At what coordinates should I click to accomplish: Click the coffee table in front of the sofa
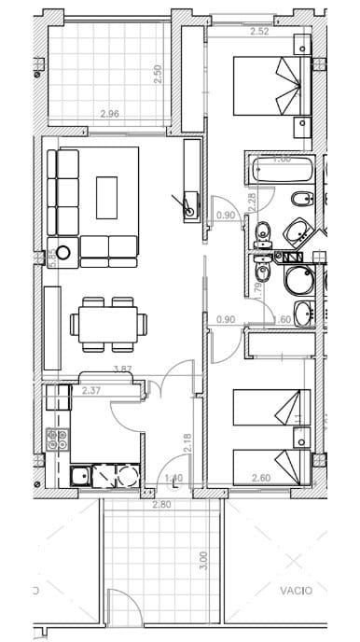point(107,197)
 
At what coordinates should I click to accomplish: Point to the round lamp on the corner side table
point(64,252)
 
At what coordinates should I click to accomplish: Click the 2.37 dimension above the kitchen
point(91,390)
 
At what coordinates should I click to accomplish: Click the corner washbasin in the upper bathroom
point(300,231)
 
